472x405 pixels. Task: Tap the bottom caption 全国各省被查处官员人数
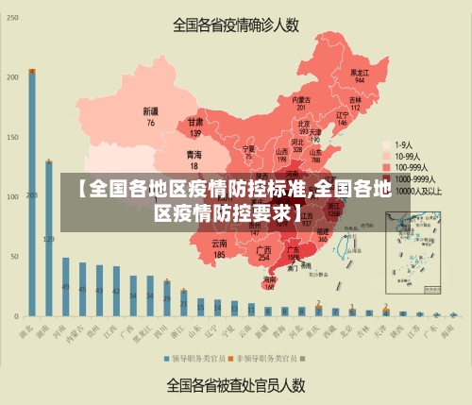[236, 385]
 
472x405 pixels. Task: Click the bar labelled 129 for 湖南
[49, 237]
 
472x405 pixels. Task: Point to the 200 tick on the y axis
[12, 76]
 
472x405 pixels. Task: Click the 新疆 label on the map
[150, 111]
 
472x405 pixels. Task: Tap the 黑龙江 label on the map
[359, 72]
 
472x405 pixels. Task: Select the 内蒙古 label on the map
[301, 99]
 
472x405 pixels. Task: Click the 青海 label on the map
[194, 153]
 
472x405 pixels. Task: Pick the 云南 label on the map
[220, 245]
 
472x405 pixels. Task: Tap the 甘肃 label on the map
[195, 122]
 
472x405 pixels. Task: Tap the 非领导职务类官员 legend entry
[268, 359]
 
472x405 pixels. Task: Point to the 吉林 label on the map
[355, 99]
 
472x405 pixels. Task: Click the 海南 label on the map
[270, 279]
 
